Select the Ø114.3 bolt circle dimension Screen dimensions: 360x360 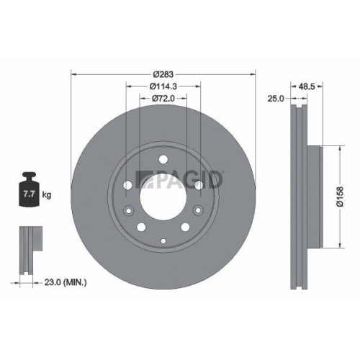[x=163, y=87]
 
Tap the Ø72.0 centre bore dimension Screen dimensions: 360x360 [x=163, y=99]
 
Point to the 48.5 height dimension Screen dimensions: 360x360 [x=307, y=86]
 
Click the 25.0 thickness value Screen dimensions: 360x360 [x=275, y=98]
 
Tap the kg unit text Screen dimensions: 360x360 [x=47, y=195]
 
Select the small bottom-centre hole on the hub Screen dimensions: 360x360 [x=163, y=240]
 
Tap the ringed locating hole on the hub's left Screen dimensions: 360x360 [x=128, y=211]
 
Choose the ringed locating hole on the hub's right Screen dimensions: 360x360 [x=197, y=211]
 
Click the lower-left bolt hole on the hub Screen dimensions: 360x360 [x=142, y=229]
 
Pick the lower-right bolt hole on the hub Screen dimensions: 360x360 [x=184, y=229]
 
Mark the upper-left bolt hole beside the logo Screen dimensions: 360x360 [x=127, y=185]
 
